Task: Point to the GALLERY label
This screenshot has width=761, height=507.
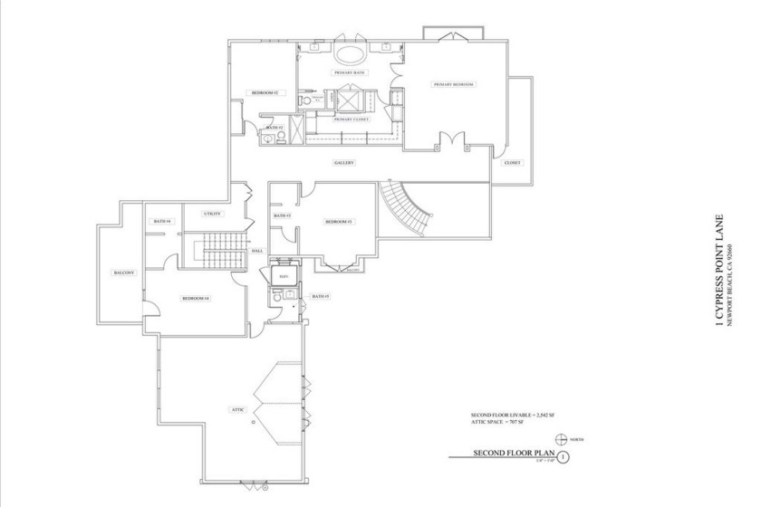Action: coord(342,163)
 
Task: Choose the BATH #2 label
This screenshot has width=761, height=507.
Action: coord(275,128)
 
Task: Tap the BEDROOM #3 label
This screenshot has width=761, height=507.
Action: coord(338,221)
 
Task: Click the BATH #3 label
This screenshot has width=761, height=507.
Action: coord(282,215)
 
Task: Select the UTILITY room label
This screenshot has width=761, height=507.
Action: coord(213,214)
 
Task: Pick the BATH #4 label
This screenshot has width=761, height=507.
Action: coord(162,221)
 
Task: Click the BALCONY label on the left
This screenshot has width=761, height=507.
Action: coord(124,273)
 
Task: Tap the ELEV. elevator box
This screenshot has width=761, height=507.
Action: coord(284,274)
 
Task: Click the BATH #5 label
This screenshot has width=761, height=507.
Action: coord(321,296)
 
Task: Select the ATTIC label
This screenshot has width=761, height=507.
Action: coord(237,409)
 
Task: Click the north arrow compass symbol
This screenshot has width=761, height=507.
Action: coord(563,438)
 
